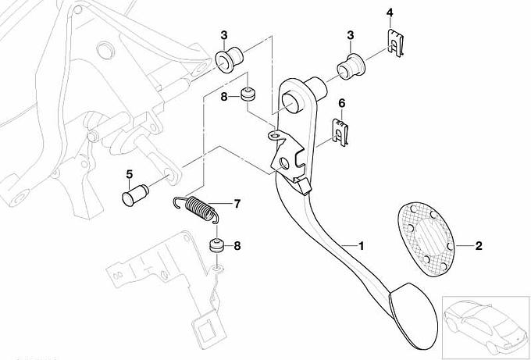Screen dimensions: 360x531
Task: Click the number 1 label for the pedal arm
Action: tap(361, 245)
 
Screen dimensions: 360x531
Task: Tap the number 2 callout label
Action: tap(478, 247)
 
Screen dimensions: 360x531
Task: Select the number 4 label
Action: tap(390, 12)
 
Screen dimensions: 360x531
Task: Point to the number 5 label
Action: tap(129, 173)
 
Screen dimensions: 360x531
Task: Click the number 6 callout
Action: tap(340, 102)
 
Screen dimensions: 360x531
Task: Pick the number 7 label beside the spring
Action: tap(237, 205)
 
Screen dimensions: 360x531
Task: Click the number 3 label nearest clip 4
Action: tap(351, 36)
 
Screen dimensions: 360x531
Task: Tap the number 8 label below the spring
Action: tap(237, 246)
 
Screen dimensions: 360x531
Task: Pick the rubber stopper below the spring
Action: tap(217, 248)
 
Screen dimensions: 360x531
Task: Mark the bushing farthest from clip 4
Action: tap(228, 60)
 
